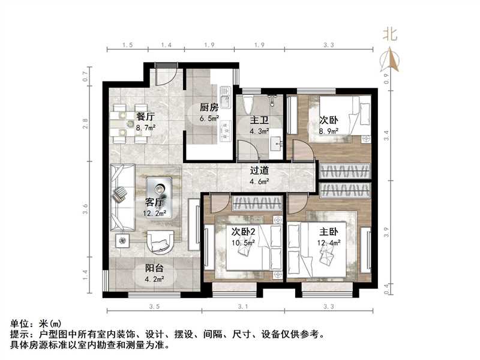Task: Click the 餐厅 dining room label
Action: click(146, 116)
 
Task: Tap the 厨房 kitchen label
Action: click(208, 108)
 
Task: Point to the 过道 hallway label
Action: click(259, 170)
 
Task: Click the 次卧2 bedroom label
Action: click(244, 232)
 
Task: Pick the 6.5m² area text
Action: click(209, 119)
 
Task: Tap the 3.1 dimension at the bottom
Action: click(242, 307)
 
